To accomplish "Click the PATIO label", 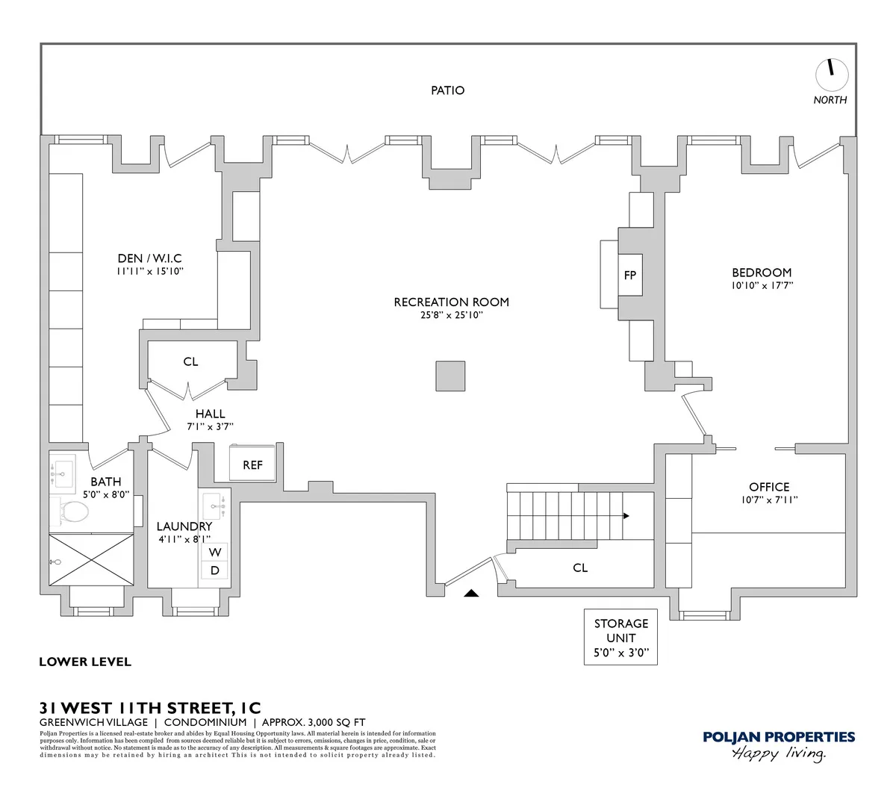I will pyautogui.click(x=447, y=90).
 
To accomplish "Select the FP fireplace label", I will pyautogui.click(x=630, y=276).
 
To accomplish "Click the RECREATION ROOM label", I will pyautogui.click(x=451, y=302).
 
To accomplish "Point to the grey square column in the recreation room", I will pyautogui.click(x=450, y=376).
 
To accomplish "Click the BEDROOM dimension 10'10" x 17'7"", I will pyautogui.click(x=762, y=285).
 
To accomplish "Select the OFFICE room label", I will pyautogui.click(x=769, y=487).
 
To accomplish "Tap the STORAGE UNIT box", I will pyautogui.click(x=620, y=637).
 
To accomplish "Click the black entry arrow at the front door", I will pyautogui.click(x=470, y=594).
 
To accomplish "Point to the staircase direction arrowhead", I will pyautogui.click(x=626, y=515).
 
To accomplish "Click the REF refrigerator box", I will pyautogui.click(x=252, y=464).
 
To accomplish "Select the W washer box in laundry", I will pyautogui.click(x=215, y=553).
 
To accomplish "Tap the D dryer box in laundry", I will pyautogui.click(x=215, y=571).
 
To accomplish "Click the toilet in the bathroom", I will pyautogui.click(x=73, y=512).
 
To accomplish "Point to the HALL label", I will pyautogui.click(x=210, y=414).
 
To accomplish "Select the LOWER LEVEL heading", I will pyautogui.click(x=84, y=662).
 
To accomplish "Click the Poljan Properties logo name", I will pyautogui.click(x=779, y=737).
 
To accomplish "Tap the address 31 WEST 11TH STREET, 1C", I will pyautogui.click(x=150, y=707).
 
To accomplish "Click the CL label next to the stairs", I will pyautogui.click(x=580, y=568).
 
